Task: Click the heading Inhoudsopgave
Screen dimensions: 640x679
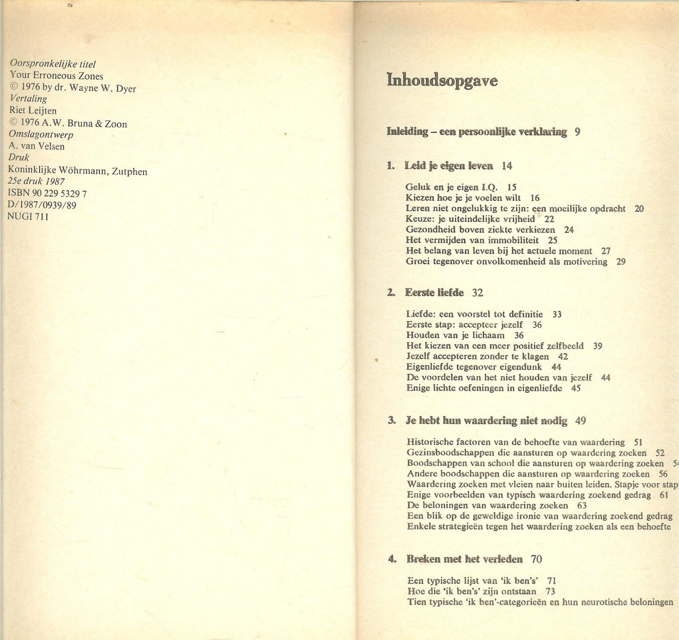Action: [x=442, y=81]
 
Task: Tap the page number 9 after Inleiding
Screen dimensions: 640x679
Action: [x=578, y=132]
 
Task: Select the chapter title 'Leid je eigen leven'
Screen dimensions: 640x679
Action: [x=448, y=166]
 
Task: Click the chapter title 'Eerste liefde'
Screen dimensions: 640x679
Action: [x=434, y=292]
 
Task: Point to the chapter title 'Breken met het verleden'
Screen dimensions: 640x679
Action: [x=464, y=559]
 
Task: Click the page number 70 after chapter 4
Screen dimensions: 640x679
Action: [x=536, y=559]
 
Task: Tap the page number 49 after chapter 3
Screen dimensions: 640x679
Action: [x=580, y=421]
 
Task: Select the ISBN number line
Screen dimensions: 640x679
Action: [x=47, y=193]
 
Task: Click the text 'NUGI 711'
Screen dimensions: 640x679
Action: [x=28, y=217]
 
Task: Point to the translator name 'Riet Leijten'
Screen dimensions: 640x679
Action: [x=33, y=111]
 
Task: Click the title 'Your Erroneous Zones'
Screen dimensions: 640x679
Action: [x=57, y=76]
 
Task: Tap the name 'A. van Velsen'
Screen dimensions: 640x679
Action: [x=37, y=146]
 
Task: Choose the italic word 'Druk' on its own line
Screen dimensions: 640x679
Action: [x=19, y=157]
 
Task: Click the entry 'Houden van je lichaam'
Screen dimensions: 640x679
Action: [x=455, y=335]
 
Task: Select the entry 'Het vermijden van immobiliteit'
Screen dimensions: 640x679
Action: [x=472, y=240]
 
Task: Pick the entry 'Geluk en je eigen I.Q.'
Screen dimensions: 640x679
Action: [x=451, y=187]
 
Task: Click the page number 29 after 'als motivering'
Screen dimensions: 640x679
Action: [x=621, y=262]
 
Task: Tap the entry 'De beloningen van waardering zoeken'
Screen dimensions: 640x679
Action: [x=488, y=505]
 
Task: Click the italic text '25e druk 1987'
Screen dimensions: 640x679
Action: [x=36, y=181]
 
